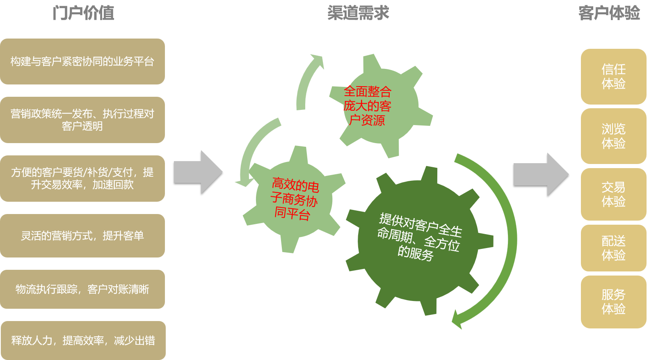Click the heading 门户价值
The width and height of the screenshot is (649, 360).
tap(83, 13)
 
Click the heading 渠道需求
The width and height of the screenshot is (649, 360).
tap(358, 13)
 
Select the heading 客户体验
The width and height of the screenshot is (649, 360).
tap(609, 13)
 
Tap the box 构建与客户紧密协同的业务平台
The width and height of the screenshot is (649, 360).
tap(82, 62)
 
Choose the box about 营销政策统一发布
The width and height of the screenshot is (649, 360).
tap(82, 120)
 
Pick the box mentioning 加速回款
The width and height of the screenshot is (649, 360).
tap(82, 178)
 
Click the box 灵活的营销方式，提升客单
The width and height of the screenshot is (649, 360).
tap(82, 236)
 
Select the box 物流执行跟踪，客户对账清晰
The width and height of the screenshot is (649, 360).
tap(82, 289)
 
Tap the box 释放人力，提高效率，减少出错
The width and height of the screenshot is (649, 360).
tap(83, 340)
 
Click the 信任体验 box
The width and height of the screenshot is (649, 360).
tap(614, 76)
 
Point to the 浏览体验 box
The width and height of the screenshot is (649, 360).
tap(614, 136)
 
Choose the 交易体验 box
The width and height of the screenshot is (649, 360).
tap(614, 194)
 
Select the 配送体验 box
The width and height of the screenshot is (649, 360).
tap(614, 248)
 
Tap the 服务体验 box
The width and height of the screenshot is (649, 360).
tap(614, 302)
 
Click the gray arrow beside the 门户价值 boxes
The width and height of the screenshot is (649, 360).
tap(198, 172)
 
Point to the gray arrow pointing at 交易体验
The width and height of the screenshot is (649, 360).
tap(541, 175)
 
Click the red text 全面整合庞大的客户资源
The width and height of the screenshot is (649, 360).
tap(367, 106)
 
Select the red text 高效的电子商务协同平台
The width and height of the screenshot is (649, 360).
tap(295, 199)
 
